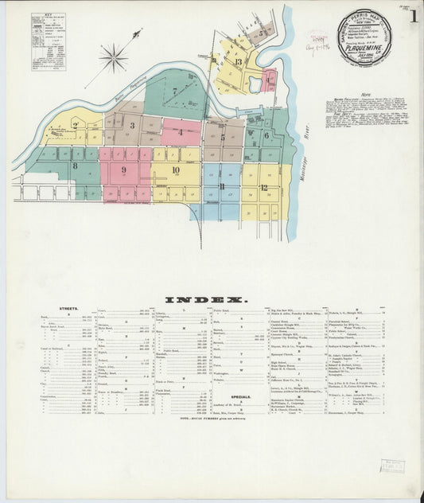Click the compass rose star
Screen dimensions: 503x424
coord(114,57)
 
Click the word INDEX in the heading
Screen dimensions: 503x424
coord(207,300)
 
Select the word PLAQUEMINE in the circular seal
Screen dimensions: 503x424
coord(364,45)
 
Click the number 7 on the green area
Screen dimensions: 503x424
coord(174,91)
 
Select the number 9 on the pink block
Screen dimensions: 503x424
coord(123,170)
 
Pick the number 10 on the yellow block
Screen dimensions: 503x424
coord(174,169)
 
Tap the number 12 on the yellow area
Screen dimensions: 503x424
coord(263,188)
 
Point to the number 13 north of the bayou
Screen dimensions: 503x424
coord(238,61)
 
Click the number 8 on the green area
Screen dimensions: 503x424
coord(75,166)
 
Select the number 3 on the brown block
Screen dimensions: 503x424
coord(132,125)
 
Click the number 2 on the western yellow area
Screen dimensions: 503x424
coord(75,125)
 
